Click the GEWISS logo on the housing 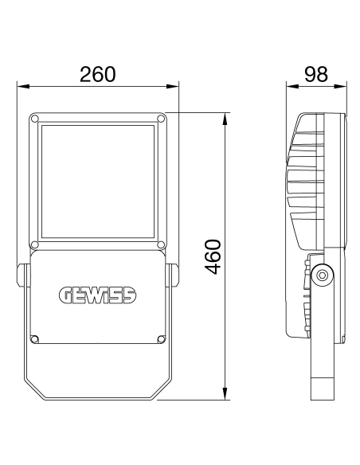96,295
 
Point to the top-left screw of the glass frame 33,119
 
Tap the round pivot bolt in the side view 322,275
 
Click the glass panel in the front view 96,182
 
